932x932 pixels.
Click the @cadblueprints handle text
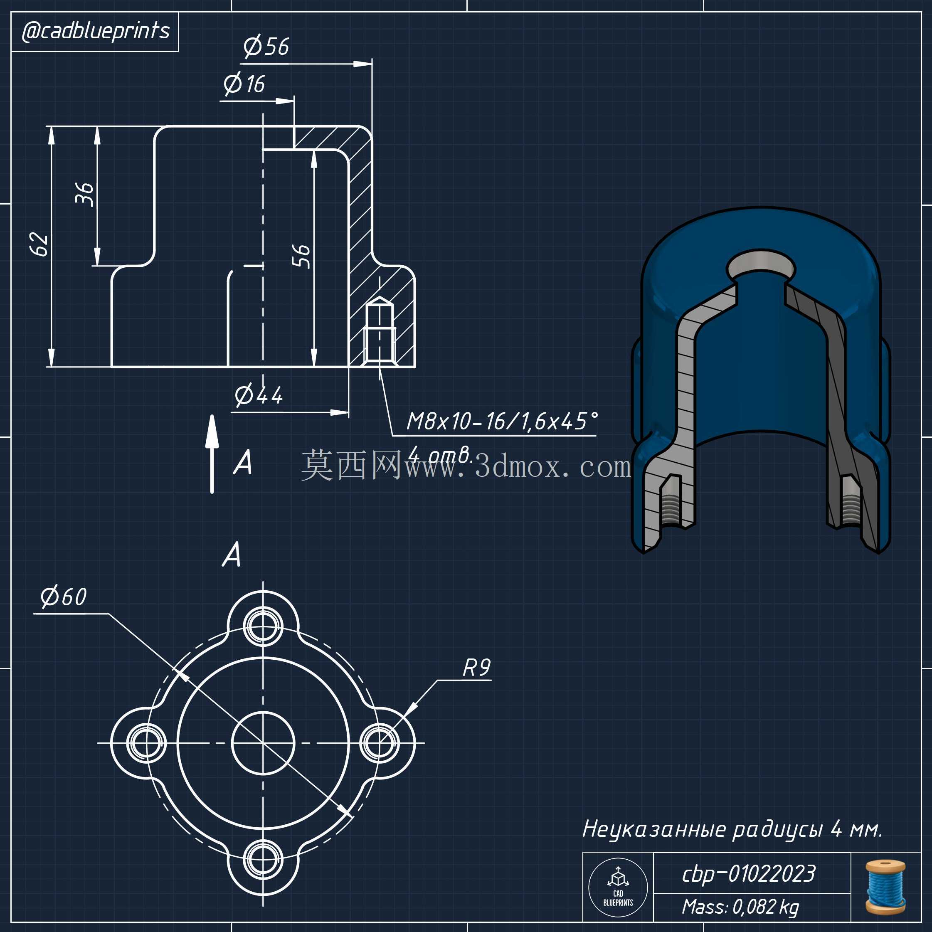point(96,31)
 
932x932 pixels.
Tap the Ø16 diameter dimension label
point(244,84)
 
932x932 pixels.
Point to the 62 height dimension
point(39,244)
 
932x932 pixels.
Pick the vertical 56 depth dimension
point(301,256)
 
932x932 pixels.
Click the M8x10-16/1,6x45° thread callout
point(502,421)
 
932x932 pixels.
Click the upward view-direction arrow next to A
point(212,454)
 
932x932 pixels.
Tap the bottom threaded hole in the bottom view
point(263,860)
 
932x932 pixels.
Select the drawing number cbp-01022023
point(748,874)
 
